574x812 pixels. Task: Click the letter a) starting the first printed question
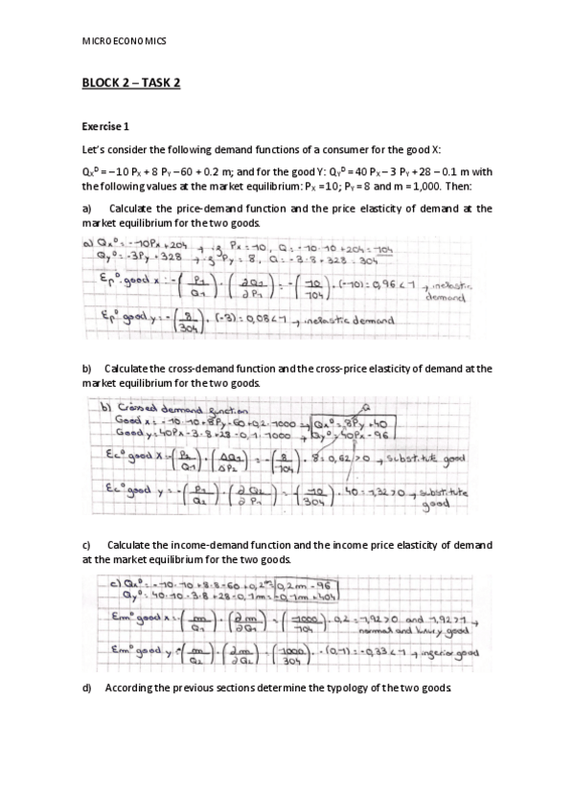coord(87,207)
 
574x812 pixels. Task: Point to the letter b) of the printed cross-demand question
coord(87,368)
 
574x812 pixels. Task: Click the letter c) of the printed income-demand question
coord(87,545)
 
